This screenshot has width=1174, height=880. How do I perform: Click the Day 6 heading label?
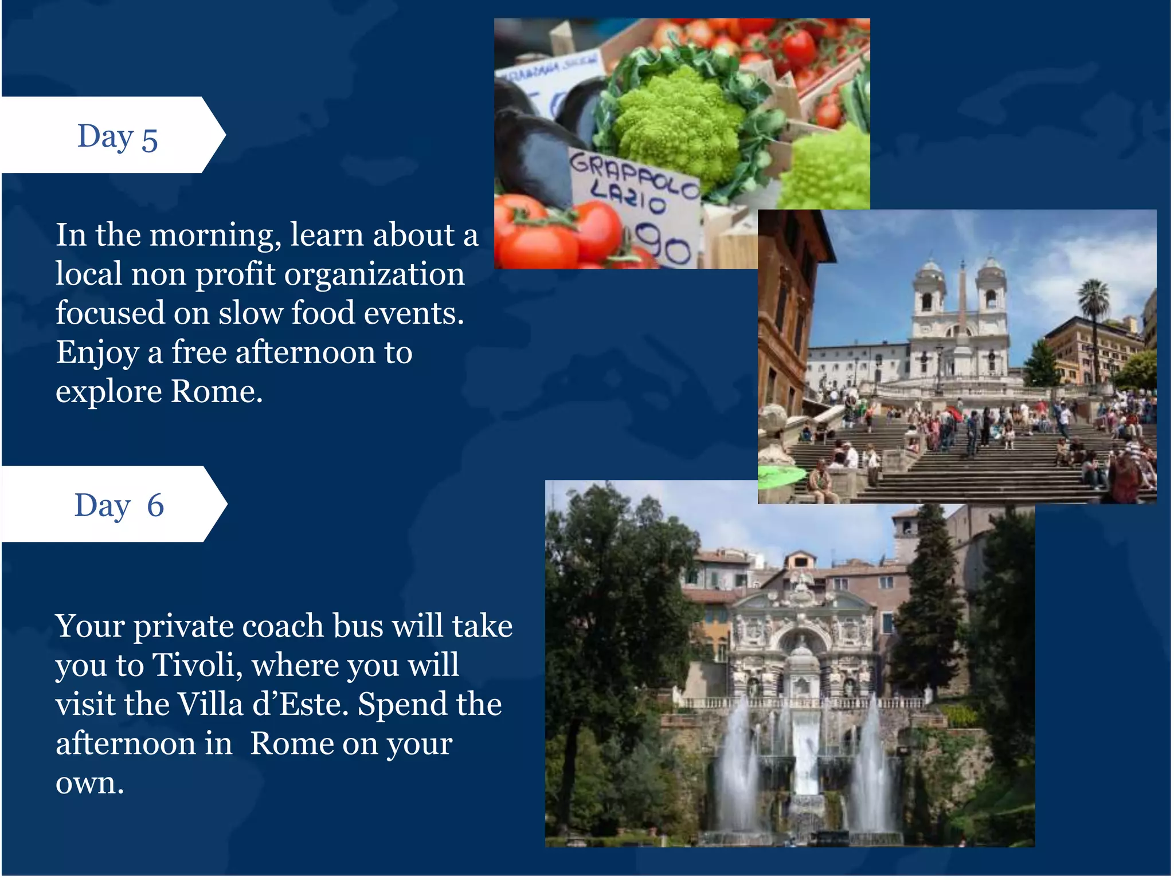[x=119, y=505]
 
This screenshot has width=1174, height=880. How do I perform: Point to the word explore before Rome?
[x=109, y=392]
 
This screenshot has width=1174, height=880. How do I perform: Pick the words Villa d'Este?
[x=261, y=704]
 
